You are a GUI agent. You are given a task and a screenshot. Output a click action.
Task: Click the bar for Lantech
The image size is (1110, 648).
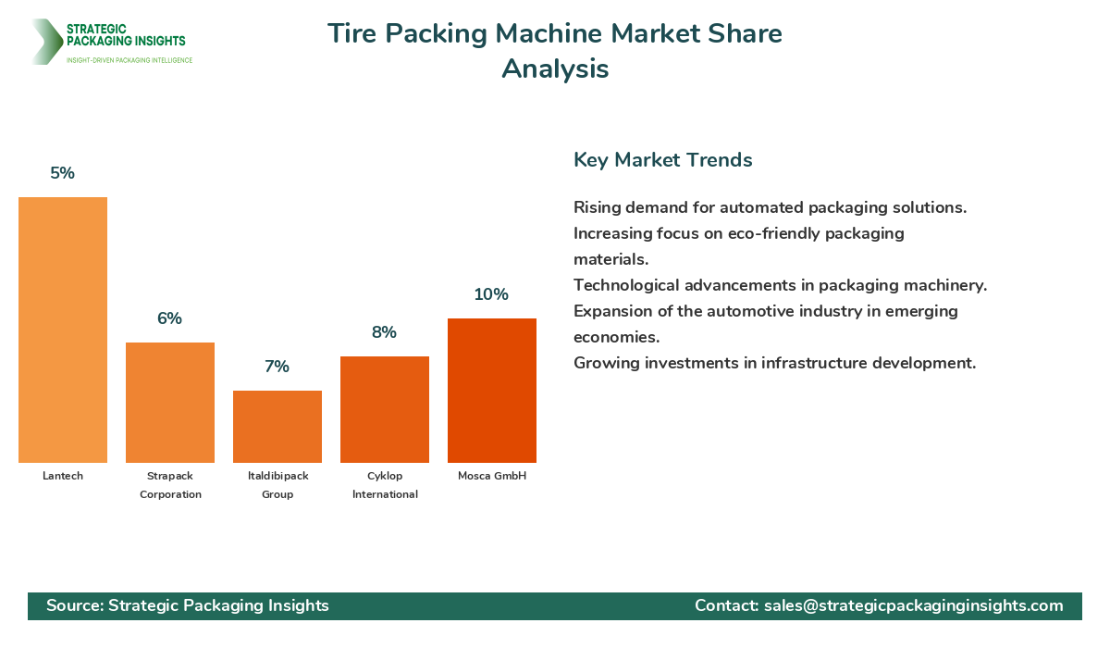pyautogui.click(x=63, y=330)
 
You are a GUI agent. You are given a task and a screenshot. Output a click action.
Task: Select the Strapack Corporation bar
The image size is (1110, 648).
pyautogui.click(x=170, y=403)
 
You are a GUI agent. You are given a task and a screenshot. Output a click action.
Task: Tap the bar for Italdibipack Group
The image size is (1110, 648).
pyautogui.click(x=277, y=427)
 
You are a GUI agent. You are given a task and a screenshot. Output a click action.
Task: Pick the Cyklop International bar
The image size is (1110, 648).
pyautogui.click(x=385, y=409)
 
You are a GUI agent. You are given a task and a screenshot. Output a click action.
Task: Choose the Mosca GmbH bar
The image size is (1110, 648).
pyautogui.click(x=492, y=391)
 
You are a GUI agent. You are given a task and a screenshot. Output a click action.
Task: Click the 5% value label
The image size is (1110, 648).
pyautogui.click(x=63, y=173)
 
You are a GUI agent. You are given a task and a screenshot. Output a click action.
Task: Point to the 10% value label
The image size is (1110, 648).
pyautogui.click(x=491, y=294)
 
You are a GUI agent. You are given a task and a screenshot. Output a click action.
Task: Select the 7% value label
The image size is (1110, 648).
pyautogui.click(x=277, y=367)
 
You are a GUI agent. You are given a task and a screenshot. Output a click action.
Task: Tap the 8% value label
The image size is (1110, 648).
pyautogui.click(x=384, y=332)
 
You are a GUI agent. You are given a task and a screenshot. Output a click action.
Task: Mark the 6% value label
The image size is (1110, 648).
pyautogui.click(x=169, y=318)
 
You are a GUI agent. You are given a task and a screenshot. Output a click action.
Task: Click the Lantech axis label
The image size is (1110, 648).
pyautogui.click(x=63, y=476)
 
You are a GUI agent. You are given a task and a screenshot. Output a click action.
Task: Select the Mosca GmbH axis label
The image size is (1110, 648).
pyautogui.click(x=492, y=476)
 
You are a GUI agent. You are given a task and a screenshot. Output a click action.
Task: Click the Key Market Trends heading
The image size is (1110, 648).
pyautogui.click(x=662, y=160)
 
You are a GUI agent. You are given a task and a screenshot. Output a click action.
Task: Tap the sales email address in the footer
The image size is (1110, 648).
pyautogui.click(x=913, y=605)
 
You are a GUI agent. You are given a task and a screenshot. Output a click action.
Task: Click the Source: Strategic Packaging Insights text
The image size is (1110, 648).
pyautogui.click(x=188, y=605)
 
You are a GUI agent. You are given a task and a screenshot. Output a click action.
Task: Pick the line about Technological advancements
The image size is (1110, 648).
pyautogui.click(x=780, y=285)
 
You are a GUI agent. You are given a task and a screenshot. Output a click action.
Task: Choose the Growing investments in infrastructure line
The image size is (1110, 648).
pyautogui.click(x=774, y=363)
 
